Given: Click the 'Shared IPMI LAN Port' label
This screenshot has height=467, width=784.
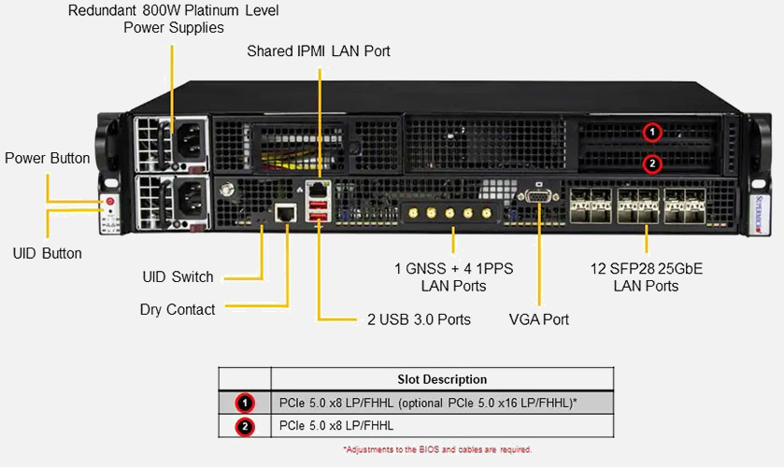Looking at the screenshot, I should click(x=319, y=51).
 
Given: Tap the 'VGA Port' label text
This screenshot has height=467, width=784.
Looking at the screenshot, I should click(x=539, y=319).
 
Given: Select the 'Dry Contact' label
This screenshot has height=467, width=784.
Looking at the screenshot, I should click(x=178, y=309).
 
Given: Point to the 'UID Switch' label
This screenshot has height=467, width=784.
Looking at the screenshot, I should click(x=178, y=277).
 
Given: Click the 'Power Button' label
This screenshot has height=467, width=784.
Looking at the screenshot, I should click(x=48, y=158).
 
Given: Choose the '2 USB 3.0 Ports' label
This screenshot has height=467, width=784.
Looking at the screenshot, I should click(x=419, y=319).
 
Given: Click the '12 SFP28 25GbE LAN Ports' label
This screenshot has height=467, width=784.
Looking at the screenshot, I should click(x=646, y=277).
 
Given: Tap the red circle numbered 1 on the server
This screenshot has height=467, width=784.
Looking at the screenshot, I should click(x=653, y=133).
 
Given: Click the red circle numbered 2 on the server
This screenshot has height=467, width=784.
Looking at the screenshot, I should click(x=653, y=163).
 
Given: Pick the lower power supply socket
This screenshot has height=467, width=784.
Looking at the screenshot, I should click(x=188, y=198).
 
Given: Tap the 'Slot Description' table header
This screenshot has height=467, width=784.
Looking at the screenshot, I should click(x=442, y=379).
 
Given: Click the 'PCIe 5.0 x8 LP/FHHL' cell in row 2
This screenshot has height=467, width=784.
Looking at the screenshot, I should click(x=336, y=426).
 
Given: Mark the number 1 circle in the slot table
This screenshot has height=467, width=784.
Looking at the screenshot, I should click(x=245, y=403).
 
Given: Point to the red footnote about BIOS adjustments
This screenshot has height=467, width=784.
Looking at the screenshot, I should click(x=437, y=450).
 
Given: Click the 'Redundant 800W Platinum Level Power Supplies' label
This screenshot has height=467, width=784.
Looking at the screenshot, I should click(x=174, y=19).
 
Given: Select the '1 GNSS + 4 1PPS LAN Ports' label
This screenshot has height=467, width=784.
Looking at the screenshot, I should click(x=454, y=277).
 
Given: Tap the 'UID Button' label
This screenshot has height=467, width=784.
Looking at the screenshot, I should click(x=48, y=253).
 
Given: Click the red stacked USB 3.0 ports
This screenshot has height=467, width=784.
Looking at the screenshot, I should click(x=319, y=210).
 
